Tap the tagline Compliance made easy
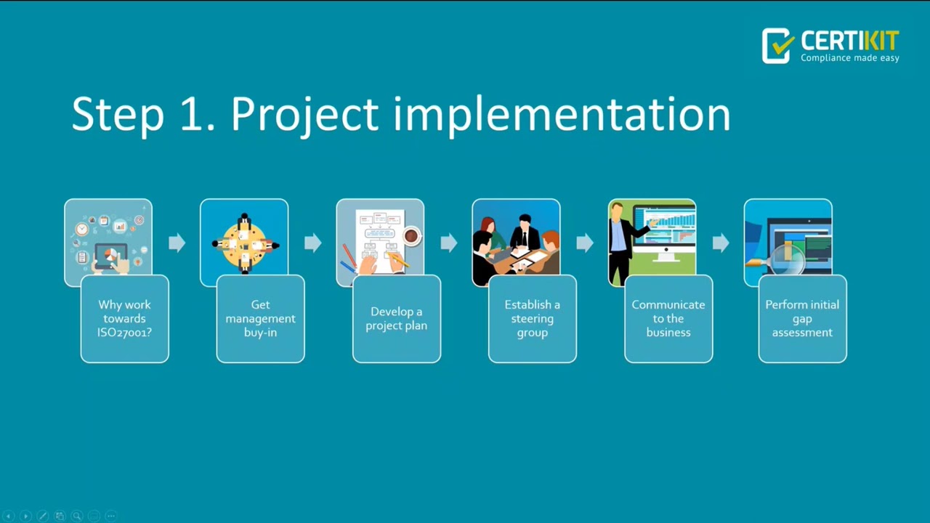pos(849,58)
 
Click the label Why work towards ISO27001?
pos(125,319)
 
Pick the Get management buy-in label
pos(260,319)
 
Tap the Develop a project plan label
pos(396,319)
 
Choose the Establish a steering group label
pos(532,319)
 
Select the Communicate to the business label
pos(668,319)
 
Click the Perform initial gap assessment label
pos(802,319)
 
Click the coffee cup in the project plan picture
pos(411,236)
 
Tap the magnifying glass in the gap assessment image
pos(786,260)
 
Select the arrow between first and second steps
pos(177,243)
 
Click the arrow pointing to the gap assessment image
pos(721,243)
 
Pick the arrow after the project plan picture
pos(448,243)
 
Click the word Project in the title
pos(304,115)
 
